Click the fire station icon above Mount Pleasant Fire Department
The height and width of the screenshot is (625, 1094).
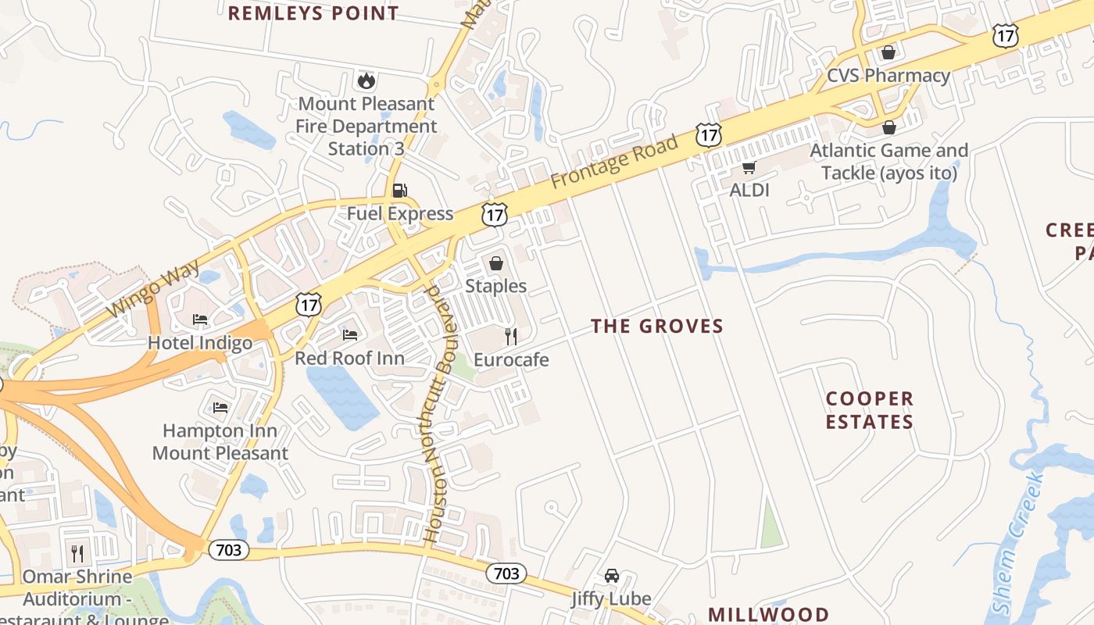[366, 80]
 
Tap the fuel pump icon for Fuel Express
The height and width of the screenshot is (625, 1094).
[399, 190]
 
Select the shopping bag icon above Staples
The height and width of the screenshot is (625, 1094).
[495, 263]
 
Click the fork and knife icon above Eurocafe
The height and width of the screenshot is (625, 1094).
[511, 337]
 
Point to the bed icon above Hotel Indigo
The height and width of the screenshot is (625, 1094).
[200, 320]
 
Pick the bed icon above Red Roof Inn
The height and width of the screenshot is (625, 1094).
[349, 335]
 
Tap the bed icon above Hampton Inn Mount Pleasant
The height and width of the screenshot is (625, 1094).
[220, 407]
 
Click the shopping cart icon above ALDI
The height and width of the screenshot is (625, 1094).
[749, 166]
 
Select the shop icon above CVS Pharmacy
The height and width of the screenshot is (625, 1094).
[888, 53]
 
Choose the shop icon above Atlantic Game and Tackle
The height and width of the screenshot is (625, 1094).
[888, 127]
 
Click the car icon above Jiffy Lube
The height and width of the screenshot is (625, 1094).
[611, 576]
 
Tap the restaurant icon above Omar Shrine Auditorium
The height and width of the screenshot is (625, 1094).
[77, 554]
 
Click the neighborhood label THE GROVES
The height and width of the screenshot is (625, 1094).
[657, 326]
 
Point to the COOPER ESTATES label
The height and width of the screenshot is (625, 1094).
[869, 410]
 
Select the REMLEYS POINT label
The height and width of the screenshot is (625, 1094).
[313, 13]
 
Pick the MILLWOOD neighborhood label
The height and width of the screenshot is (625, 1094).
[768, 614]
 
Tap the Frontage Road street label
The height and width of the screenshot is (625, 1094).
[614, 159]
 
